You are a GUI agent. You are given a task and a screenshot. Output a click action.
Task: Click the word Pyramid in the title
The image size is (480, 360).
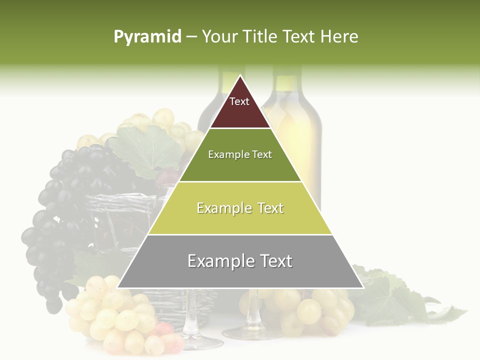[x=147, y=37]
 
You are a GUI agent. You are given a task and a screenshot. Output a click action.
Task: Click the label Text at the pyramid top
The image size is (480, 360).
[x=239, y=102]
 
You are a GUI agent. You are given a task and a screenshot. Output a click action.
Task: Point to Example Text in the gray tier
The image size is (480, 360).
[x=240, y=261]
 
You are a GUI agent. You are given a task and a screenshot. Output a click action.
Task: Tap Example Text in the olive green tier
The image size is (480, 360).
[x=240, y=154]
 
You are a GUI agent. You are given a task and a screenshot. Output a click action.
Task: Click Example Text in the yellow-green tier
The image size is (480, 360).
[x=240, y=208]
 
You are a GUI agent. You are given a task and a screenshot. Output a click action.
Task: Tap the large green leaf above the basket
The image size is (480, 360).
[x=145, y=150]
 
